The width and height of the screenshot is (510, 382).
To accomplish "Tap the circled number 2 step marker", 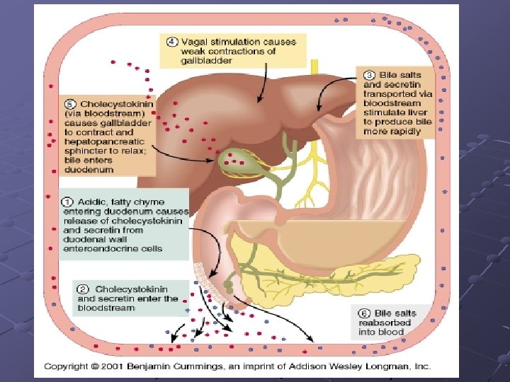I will click(x=84, y=289).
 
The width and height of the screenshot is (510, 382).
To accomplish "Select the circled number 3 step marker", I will click(x=369, y=75).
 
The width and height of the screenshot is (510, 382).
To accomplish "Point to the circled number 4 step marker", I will click(x=172, y=42).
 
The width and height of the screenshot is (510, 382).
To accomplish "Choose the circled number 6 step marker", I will click(x=365, y=313).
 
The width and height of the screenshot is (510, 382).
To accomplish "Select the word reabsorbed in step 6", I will click(x=383, y=323).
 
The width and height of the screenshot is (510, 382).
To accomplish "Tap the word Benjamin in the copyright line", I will click(x=148, y=366).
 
